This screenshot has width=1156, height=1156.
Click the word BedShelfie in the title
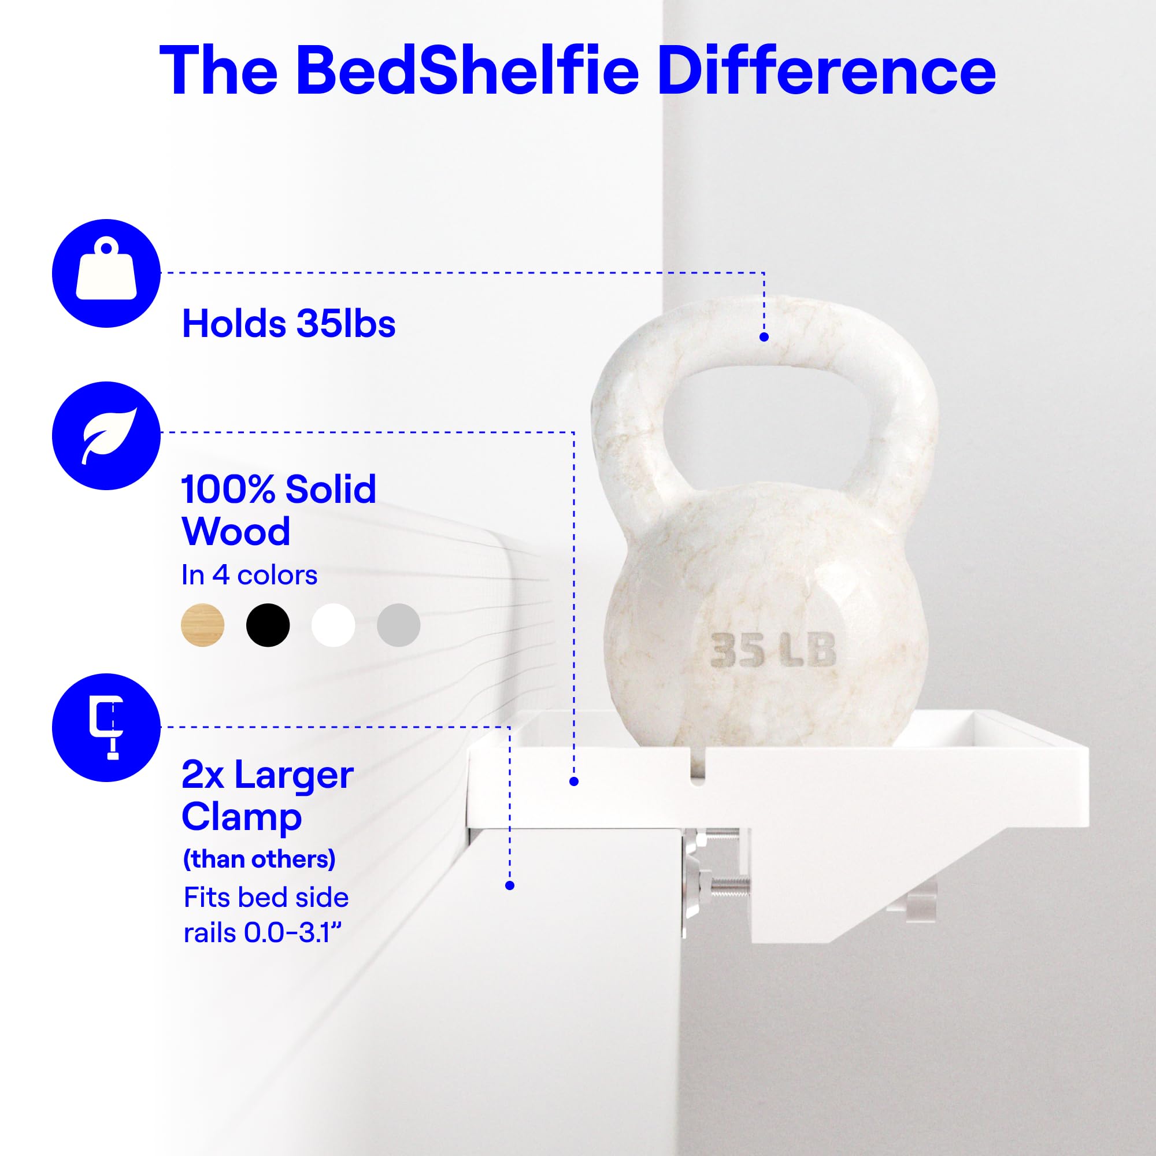pyautogui.click(x=468, y=70)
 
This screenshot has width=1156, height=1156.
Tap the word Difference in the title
pyautogui.click(x=827, y=70)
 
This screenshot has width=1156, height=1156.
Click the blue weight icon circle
pyautogui.click(x=106, y=273)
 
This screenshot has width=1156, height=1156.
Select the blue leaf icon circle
pyautogui.click(x=106, y=436)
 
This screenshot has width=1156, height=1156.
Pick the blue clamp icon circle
pyautogui.click(x=106, y=728)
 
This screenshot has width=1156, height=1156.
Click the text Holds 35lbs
pyautogui.click(x=288, y=324)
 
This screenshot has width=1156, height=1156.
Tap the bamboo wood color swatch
pyautogui.click(x=203, y=625)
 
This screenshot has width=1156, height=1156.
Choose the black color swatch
pyautogui.click(x=268, y=625)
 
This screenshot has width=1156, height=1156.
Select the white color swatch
pyautogui.click(x=334, y=625)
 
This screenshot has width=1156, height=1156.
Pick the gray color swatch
pyautogui.click(x=398, y=625)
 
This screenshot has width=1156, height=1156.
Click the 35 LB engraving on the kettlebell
pyautogui.click(x=773, y=650)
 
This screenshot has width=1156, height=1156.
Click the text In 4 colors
pyautogui.click(x=250, y=575)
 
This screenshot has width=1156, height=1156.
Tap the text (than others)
pyautogui.click(x=259, y=859)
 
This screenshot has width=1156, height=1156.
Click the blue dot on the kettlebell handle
pyautogui.click(x=764, y=337)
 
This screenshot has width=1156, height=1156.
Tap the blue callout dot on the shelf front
pyautogui.click(x=574, y=781)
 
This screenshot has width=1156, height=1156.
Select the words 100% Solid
pyautogui.click(x=279, y=490)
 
